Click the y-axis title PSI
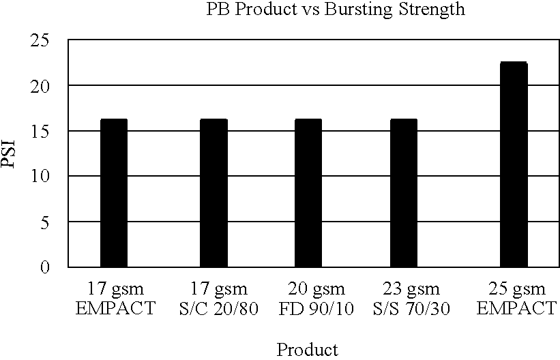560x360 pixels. pyautogui.click(x=8, y=153)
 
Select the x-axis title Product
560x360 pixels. pyautogui.click(x=307, y=350)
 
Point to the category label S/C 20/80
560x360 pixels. pyautogui.click(x=213, y=307)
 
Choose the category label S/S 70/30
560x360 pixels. pyautogui.click(x=407, y=307)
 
